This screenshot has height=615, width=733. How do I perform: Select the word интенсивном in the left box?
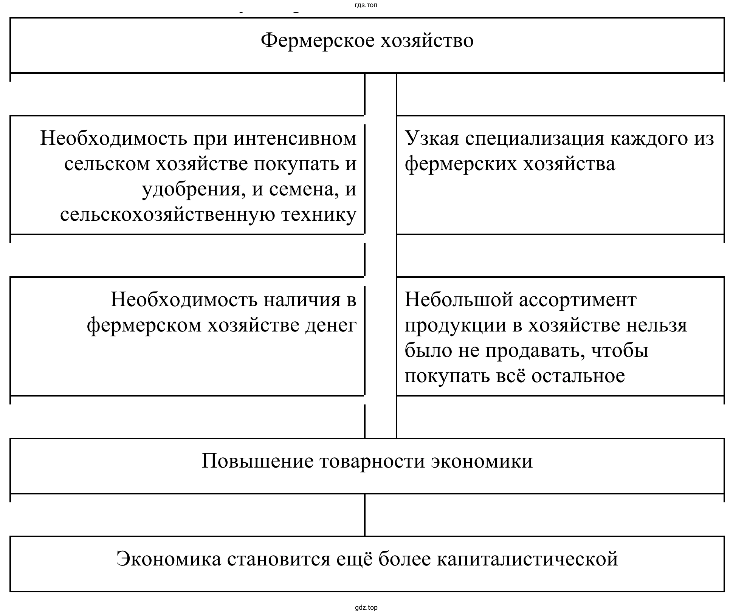click(295, 138)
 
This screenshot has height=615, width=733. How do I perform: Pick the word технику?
click(319, 215)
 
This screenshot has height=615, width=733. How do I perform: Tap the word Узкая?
click(432, 138)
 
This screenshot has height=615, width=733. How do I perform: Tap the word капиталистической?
click(527, 559)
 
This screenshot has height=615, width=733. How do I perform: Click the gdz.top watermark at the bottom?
click(366, 608)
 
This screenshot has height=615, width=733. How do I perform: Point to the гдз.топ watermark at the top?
click(366, 5)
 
